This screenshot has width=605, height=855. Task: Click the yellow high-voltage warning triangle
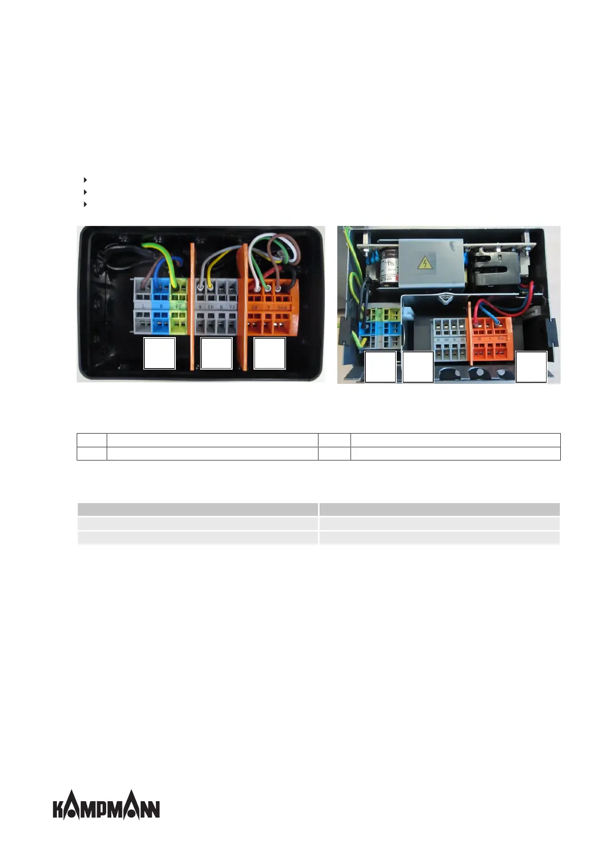(423, 263)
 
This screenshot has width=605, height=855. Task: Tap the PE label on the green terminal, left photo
(178, 307)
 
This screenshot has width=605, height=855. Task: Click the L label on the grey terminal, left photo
(144, 307)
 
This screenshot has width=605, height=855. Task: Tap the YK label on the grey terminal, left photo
(232, 307)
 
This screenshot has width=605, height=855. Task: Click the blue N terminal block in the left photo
(161, 305)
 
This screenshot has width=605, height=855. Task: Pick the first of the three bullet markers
(85, 180)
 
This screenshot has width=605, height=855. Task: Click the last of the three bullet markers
(85, 204)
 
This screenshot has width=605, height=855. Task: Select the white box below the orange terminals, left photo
(269, 353)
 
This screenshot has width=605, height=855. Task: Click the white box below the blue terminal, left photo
(160, 353)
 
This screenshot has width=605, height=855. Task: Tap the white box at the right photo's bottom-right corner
(531, 367)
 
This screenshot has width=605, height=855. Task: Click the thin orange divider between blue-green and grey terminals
(192, 305)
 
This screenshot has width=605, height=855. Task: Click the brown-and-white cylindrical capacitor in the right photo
(389, 261)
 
